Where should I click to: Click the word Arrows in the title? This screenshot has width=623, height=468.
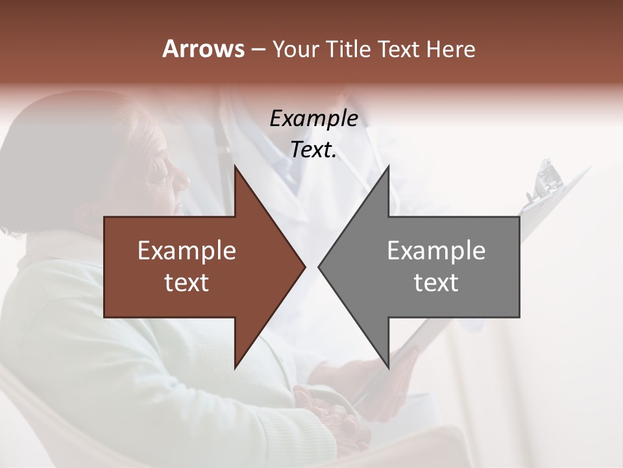coord(203,49)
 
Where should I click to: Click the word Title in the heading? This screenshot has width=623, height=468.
coord(348,49)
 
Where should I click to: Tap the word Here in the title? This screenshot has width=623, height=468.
coord(450,49)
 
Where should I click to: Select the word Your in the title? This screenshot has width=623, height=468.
coord(294,49)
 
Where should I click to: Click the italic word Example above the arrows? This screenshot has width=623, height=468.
coord(313,119)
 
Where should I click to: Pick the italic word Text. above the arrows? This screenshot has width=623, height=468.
coord(313,150)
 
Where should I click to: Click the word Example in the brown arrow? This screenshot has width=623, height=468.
coord(187,251)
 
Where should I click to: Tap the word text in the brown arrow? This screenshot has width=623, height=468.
coord(187,283)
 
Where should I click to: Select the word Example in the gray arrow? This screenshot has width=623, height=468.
coord(436,251)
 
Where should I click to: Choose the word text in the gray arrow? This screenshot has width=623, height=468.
coord(436,283)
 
